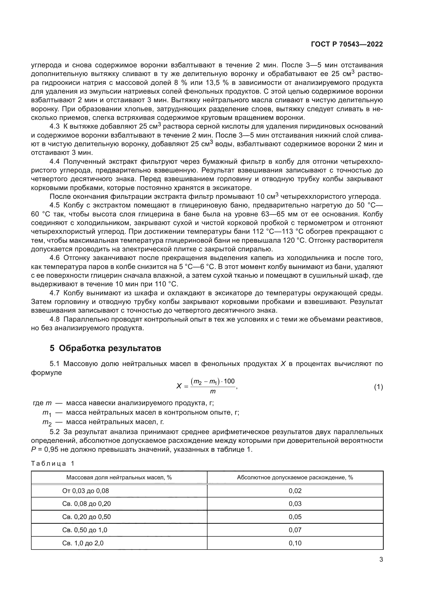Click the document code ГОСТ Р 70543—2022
[x=347, y=44]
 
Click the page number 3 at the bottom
[x=381, y=559]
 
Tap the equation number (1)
[x=378, y=387]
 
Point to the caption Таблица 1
[x=53, y=464]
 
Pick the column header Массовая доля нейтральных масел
[x=119, y=477]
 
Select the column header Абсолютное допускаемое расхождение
[x=295, y=477]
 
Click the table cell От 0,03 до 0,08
[x=85, y=491]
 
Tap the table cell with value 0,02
[x=295, y=491]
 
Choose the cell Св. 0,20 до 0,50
[x=86, y=517]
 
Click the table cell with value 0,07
[x=295, y=530]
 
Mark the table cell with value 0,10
[x=295, y=543]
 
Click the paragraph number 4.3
[x=55, y=126]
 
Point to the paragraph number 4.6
[x=55, y=258]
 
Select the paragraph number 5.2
[x=55, y=432]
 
